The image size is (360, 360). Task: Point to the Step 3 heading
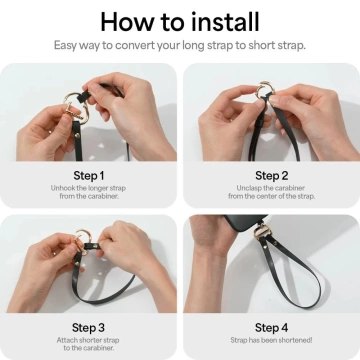pyautogui.click(x=90, y=326)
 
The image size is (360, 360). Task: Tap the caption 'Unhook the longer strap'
pyautogui.click(x=90, y=187)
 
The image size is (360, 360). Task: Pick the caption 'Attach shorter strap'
pyautogui.click(x=90, y=340)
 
